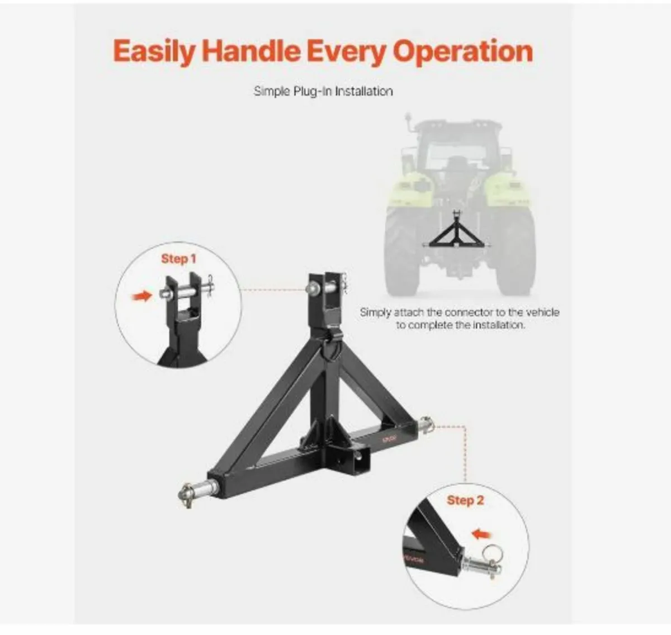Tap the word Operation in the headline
(x=462, y=52)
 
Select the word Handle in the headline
(x=251, y=52)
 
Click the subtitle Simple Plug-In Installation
(x=323, y=91)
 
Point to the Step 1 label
(x=178, y=259)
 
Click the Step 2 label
(x=465, y=500)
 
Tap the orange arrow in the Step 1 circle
(x=143, y=296)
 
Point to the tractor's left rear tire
(x=401, y=246)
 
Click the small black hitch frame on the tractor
(x=457, y=235)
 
